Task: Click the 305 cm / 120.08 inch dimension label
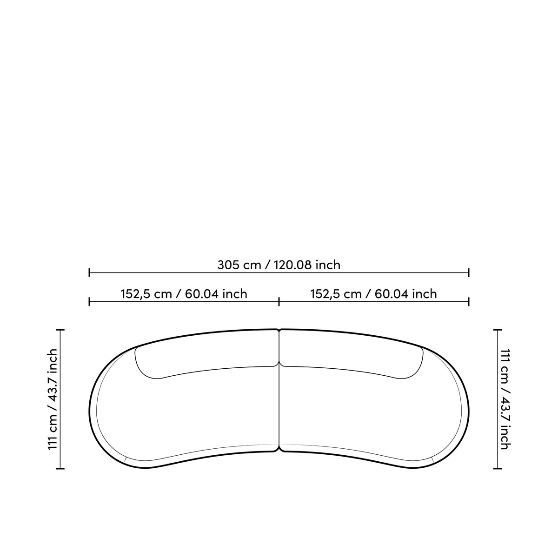(x=279, y=265)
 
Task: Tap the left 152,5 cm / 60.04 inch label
(x=184, y=294)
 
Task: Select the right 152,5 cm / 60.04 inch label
(x=373, y=294)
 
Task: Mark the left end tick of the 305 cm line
(x=89, y=272)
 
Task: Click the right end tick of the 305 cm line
(x=469, y=272)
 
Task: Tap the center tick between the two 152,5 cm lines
(x=279, y=302)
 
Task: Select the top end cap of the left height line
(x=60, y=330)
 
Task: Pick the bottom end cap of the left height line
(x=60, y=469)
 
